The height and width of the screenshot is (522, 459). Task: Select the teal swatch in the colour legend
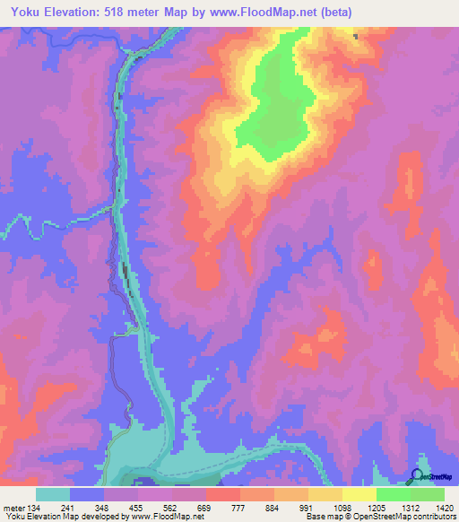[x=53, y=494]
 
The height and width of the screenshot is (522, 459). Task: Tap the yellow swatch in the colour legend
[x=359, y=494]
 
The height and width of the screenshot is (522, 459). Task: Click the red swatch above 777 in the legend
[x=222, y=494]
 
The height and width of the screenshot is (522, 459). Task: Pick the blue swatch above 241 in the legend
[x=87, y=494]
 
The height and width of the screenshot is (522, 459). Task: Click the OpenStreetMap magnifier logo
[x=416, y=475]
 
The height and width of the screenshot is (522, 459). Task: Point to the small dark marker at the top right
[x=356, y=37]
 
